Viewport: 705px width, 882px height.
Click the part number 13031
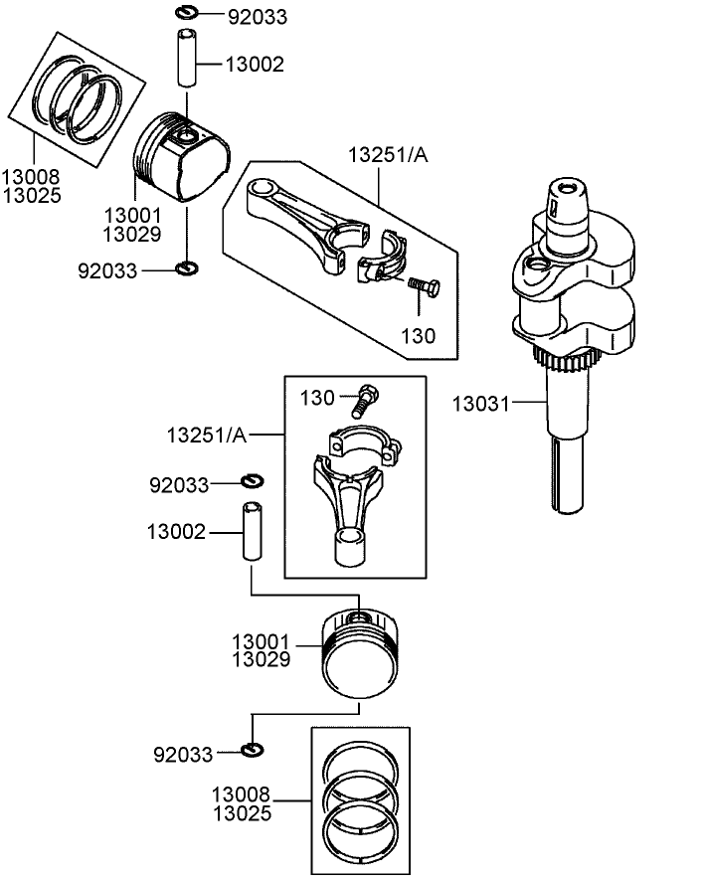coord(481,404)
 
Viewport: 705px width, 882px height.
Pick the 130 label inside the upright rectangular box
coord(318,399)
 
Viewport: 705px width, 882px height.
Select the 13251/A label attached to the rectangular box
coord(207,435)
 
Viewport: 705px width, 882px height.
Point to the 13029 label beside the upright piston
coord(262,658)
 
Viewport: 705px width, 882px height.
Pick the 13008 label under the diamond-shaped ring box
coord(31,177)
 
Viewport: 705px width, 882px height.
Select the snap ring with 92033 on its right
coord(186,13)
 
